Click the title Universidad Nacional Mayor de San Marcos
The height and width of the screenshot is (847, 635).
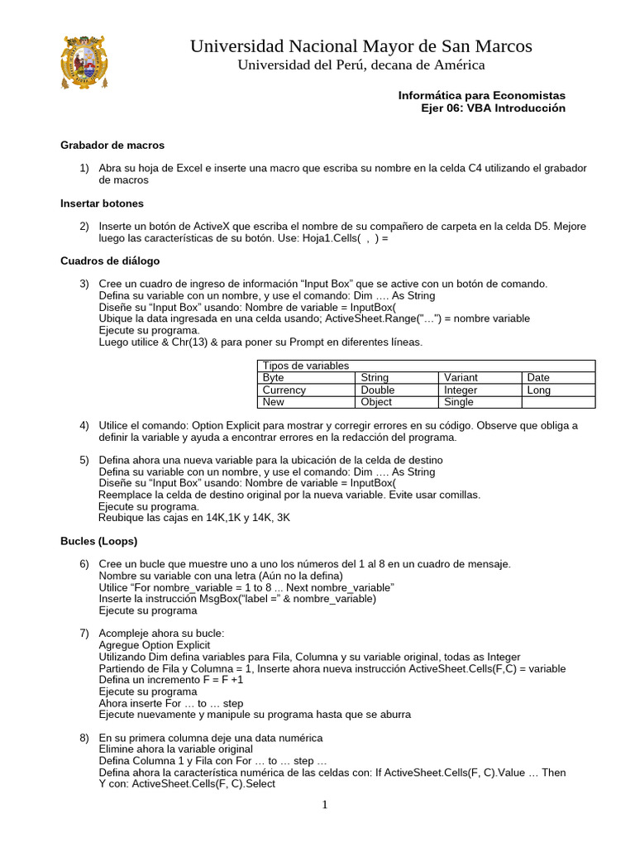(x=361, y=45)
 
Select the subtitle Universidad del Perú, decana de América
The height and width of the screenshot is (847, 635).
(x=361, y=65)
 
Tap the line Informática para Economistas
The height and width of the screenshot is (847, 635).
(x=482, y=96)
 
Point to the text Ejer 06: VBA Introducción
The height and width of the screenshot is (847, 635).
(x=494, y=108)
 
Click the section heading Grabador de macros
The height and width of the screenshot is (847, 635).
(x=112, y=145)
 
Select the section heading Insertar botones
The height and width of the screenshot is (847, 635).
(x=102, y=203)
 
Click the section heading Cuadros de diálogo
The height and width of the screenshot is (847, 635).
(x=110, y=261)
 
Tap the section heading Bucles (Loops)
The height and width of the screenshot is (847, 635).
(x=99, y=542)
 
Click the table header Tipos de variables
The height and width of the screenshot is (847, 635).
(x=305, y=366)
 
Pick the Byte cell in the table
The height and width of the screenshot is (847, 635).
(x=273, y=377)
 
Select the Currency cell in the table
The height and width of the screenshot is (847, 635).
(x=284, y=390)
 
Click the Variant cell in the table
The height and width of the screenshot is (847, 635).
(x=461, y=377)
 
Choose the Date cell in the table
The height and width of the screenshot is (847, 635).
(x=537, y=377)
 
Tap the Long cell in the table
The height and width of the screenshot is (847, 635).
(x=538, y=390)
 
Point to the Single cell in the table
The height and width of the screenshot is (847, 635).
(x=459, y=402)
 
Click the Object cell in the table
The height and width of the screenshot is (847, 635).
(x=376, y=402)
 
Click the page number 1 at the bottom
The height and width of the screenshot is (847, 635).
(x=325, y=805)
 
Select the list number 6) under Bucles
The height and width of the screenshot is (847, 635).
(x=84, y=564)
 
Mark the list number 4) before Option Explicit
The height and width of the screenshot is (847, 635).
(x=84, y=425)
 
